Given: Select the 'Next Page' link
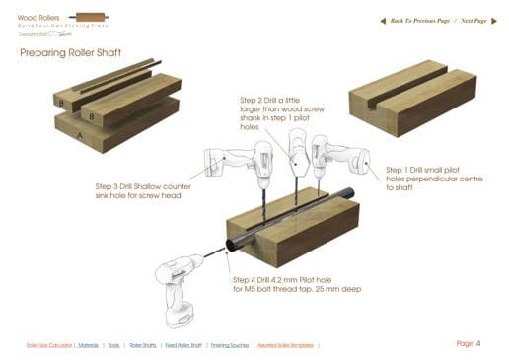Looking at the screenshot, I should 467,20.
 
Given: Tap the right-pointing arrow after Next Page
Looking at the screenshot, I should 492,20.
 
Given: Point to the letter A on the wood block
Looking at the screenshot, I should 82,137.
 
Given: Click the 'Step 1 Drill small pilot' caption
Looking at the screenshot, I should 425,169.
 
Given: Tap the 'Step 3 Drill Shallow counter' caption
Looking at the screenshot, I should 143,186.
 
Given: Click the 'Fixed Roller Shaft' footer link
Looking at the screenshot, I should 183,345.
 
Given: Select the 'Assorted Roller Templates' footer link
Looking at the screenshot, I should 286,345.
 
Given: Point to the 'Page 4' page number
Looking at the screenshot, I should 468,343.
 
